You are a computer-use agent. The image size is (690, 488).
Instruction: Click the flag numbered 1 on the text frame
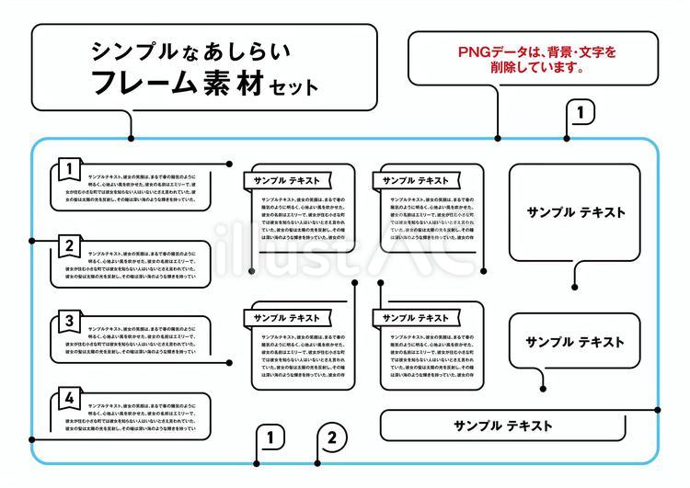point(68,168)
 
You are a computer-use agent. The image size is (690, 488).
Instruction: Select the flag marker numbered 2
point(68,245)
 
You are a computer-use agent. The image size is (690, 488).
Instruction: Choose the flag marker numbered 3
point(68,322)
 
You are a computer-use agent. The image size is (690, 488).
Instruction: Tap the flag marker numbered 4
point(68,398)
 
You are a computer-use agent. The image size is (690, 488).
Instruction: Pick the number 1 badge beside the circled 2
point(270,437)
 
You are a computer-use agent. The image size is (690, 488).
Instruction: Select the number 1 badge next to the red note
point(581,112)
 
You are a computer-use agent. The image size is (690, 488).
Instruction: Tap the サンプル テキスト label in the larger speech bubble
point(576,212)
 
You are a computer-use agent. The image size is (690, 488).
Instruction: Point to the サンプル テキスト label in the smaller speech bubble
point(575,342)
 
